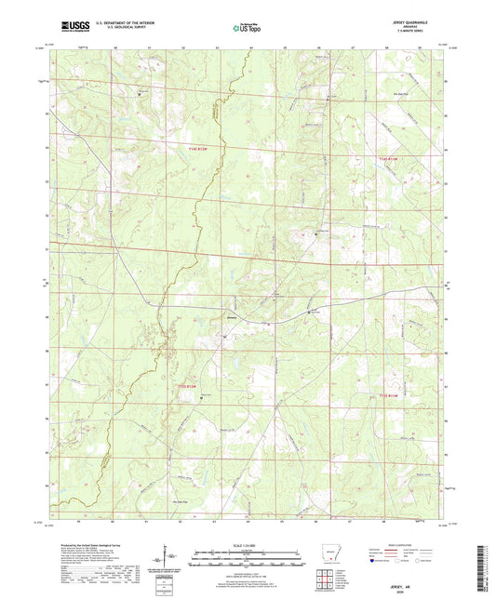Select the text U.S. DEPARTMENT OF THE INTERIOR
pyautogui.click(x=120, y=22)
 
